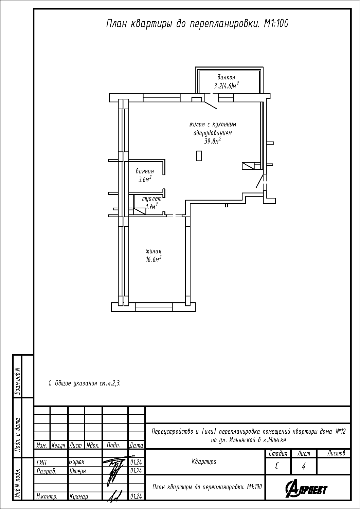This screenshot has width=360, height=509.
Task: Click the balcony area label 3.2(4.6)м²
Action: [226, 86]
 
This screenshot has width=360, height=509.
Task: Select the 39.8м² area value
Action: [213, 142]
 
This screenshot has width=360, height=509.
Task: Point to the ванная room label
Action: [145, 171]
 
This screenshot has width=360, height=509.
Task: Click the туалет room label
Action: [152, 199]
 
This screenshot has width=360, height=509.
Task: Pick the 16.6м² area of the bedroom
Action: [154, 259]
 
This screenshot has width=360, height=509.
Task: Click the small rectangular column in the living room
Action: [199, 156]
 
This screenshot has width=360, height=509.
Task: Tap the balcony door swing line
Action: [211, 105]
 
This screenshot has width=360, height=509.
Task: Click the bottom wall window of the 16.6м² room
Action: [154, 307]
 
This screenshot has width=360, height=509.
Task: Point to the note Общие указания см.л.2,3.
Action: [84, 383]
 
